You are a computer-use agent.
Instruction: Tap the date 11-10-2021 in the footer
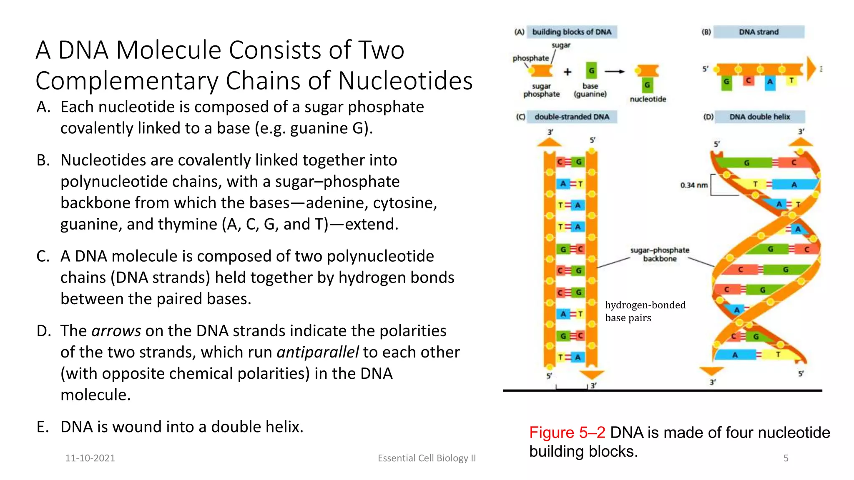point(90,458)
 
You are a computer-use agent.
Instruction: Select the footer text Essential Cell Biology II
point(427,458)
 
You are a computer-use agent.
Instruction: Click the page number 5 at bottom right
point(786,458)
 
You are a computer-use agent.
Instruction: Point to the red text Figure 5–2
point(567,432)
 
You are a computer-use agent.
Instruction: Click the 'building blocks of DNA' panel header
point(572,32)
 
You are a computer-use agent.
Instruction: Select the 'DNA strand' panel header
point(759,32)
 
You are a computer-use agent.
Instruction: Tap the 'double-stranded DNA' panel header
point(572,117)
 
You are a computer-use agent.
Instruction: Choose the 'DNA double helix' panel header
point(759,117)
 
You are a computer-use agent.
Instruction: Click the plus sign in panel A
point(568,72)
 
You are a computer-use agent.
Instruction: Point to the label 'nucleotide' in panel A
point(648,99)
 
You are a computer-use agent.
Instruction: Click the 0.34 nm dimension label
point(694,185)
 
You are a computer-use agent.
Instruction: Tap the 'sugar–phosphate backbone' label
point(660,254)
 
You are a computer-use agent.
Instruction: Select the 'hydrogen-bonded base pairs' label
point(645,311)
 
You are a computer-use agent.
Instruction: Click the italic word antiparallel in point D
point(318,352)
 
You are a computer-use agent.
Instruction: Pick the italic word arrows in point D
point(116,331)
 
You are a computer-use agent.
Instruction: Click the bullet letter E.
point(43,427)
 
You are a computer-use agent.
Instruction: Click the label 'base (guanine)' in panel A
point(590,90)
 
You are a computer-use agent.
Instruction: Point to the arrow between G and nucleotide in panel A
point(615,72)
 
